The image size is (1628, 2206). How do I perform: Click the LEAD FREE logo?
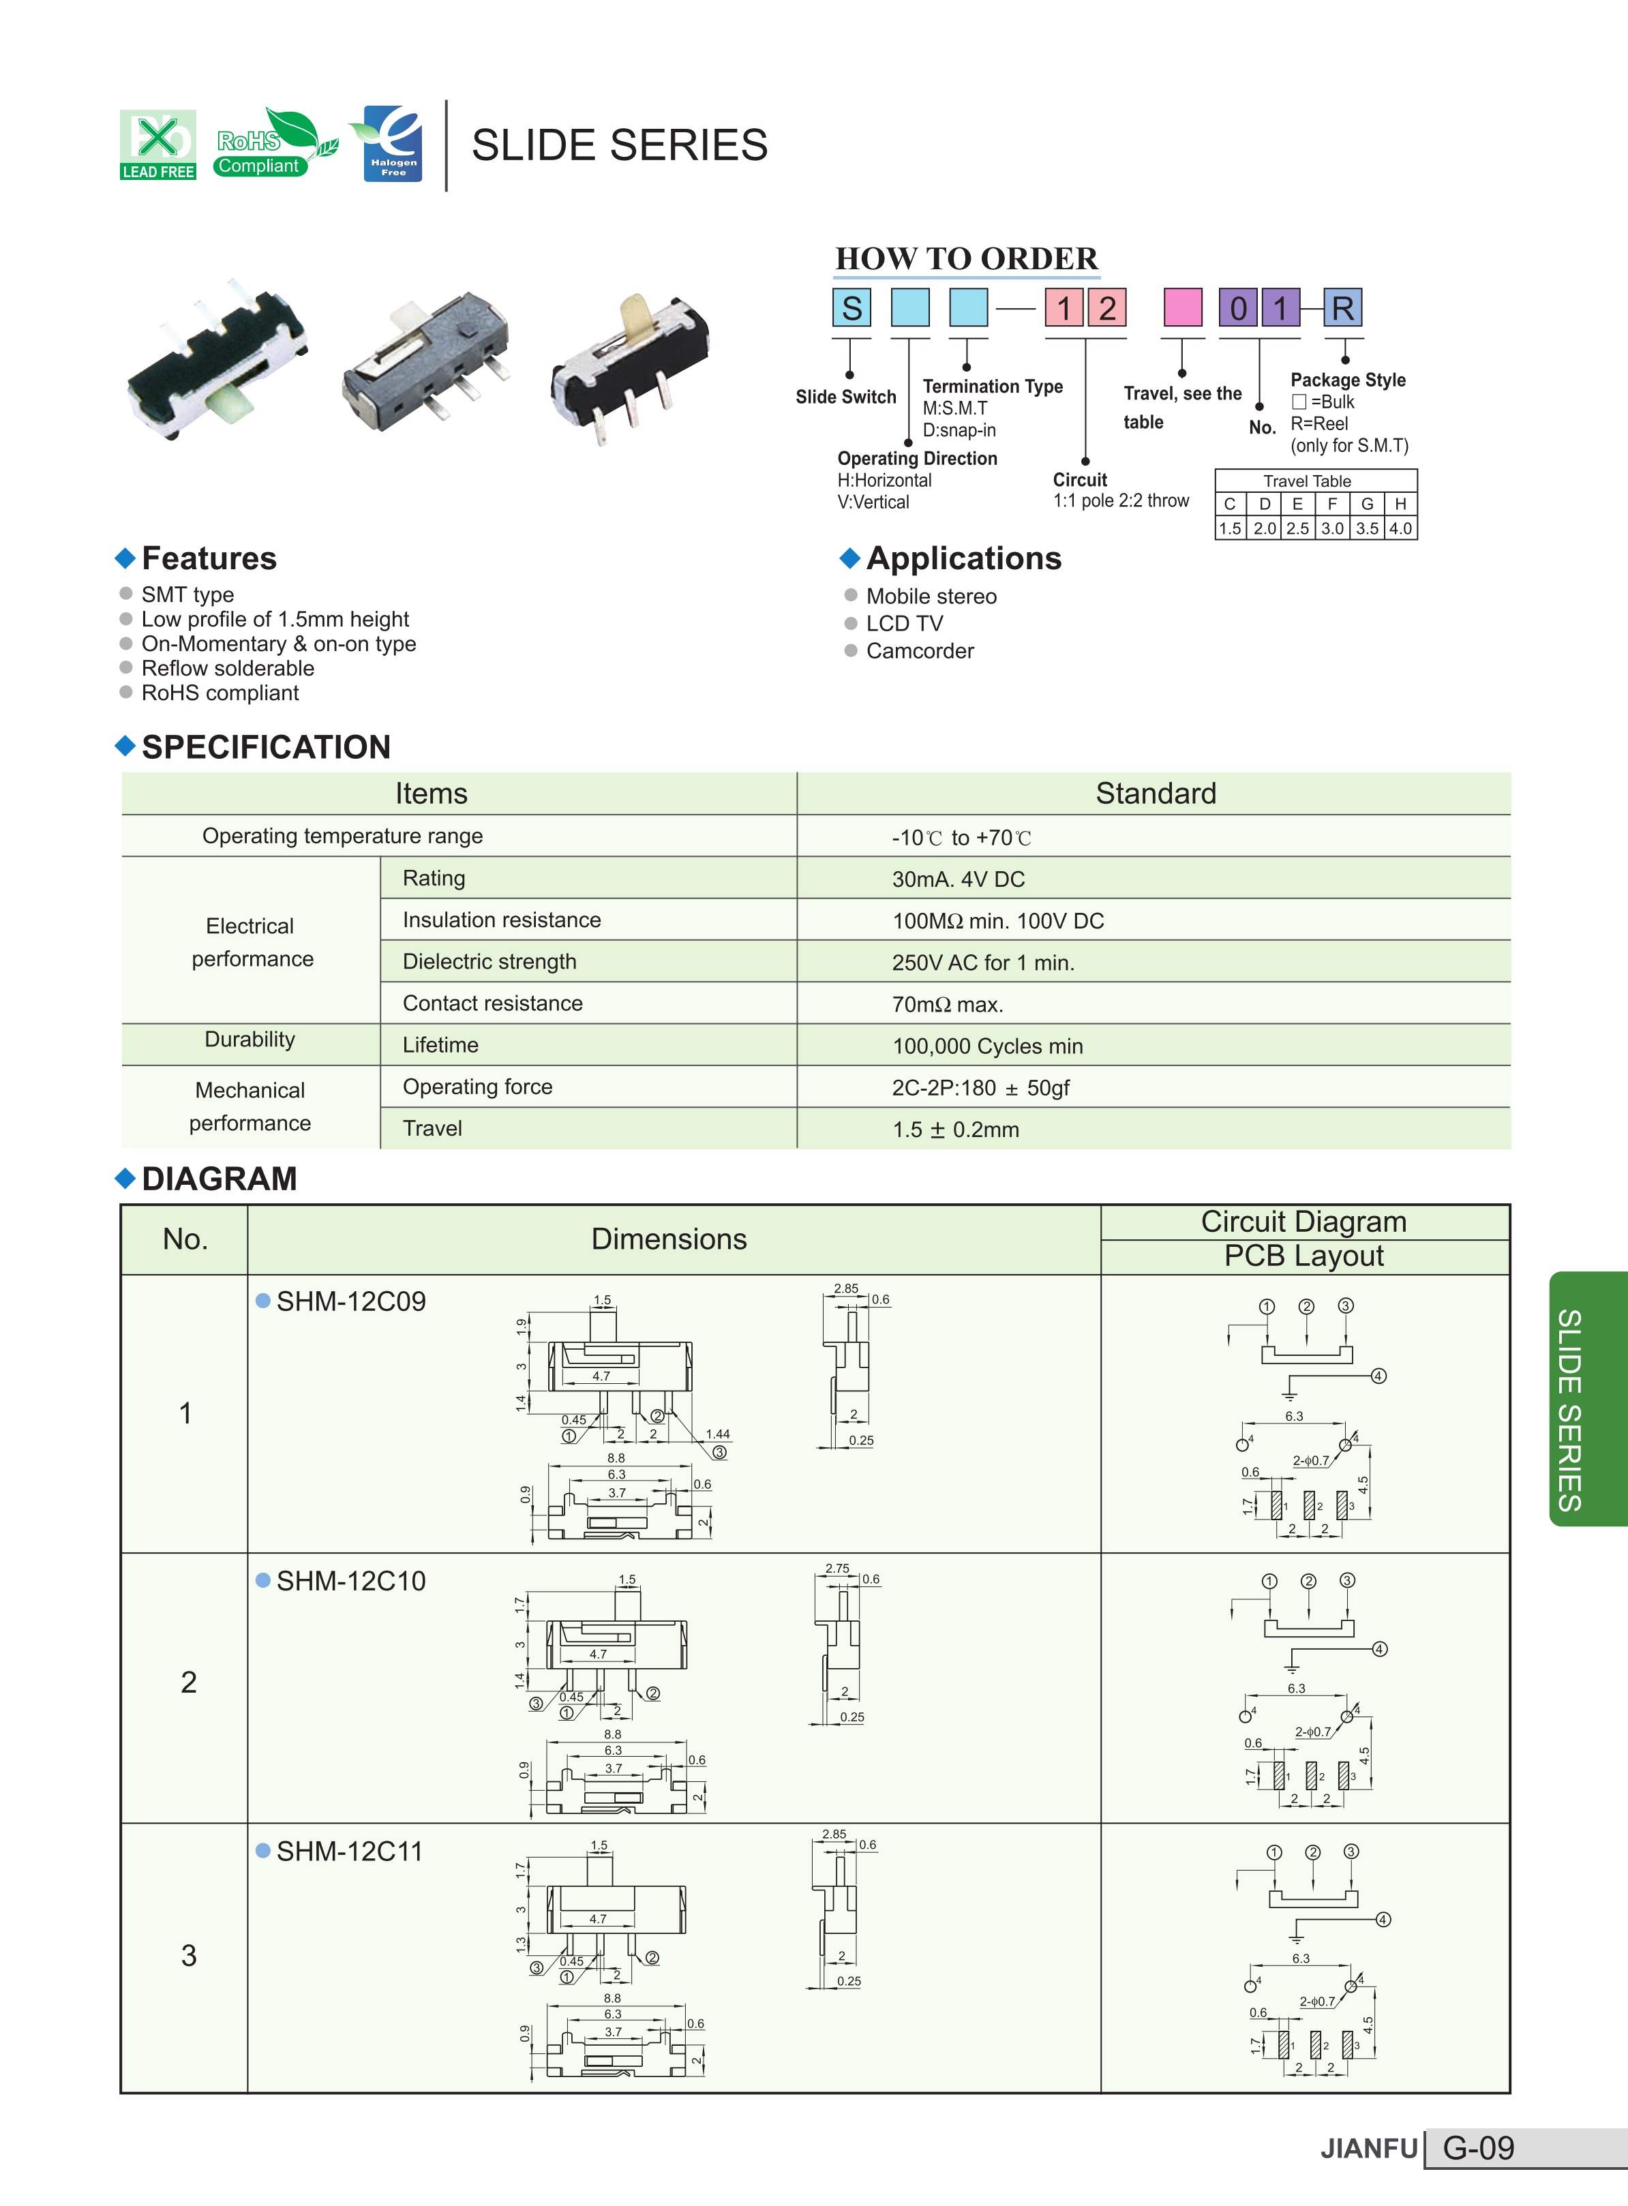tap(157, 145)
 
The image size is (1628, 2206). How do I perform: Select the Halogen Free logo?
tap(392, 144)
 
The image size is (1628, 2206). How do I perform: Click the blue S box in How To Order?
tap(851, 307)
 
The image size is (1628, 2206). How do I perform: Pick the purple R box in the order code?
tap(1342, 307)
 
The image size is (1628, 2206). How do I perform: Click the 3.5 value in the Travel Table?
tap(1367, 528)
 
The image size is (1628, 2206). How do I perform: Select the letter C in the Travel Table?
tap(1230, 504)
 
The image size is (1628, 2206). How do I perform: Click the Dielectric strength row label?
tap(489, 962)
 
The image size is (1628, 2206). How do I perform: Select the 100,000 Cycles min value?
tap(987, 1046)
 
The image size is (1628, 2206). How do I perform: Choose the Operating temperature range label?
tap(342, 836)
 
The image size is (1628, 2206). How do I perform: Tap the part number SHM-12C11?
tap(349, 1852)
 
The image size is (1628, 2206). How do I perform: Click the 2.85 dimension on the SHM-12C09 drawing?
tap(845, 1288)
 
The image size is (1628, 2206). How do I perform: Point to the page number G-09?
tap(1478, 2148)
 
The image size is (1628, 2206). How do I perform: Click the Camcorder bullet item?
tap(920, 651)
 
